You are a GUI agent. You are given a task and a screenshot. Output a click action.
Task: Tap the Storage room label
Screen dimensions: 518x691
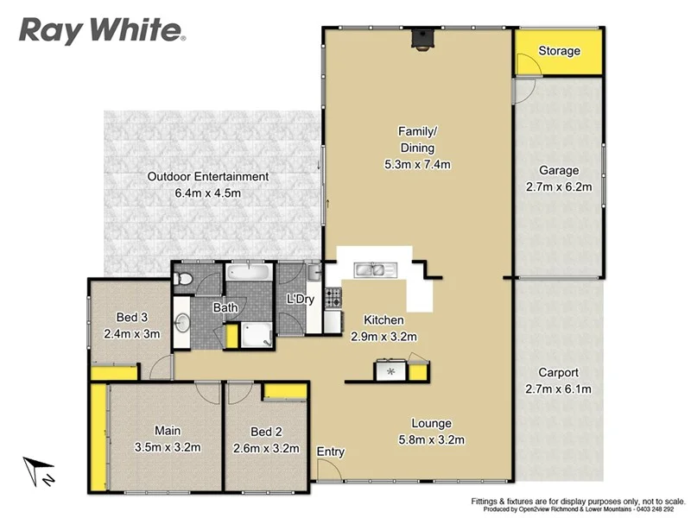[559, 51]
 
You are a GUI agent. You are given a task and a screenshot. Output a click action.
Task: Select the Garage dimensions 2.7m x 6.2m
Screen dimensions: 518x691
[559, 186]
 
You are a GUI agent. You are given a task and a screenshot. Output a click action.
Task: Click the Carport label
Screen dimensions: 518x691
[559, 373]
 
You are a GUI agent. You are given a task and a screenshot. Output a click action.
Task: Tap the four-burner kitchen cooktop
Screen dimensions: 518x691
[391, 372]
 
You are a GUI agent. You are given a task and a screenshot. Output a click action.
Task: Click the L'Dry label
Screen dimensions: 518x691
[299, 300]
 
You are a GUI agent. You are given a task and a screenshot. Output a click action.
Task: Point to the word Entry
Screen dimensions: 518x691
[331, 452]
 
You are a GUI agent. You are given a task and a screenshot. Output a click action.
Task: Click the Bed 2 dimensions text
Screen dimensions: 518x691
[266, 448]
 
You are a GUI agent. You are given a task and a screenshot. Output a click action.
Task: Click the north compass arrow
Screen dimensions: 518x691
[38, 471]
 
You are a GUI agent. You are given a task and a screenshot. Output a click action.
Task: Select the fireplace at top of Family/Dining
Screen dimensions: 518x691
[420, 37]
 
